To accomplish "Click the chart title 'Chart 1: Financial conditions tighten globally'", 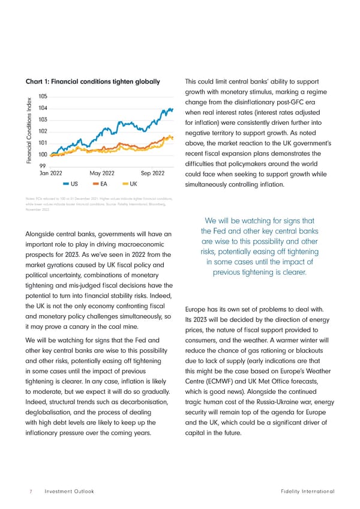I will [x=92, y=82].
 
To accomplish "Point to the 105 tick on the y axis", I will [x=43, y=97].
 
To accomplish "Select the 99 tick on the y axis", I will [x=43, y=166].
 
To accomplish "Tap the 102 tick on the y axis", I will [x=43, y=131].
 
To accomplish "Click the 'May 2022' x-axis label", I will [x=102, y=173].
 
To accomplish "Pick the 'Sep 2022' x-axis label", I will [x=152, y=173].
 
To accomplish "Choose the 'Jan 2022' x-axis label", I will [x=52, y=173].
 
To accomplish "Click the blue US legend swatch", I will [x=65, y=184].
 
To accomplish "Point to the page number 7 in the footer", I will [x=30, y=492].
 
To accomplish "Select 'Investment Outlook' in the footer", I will [x=70, y=492].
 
